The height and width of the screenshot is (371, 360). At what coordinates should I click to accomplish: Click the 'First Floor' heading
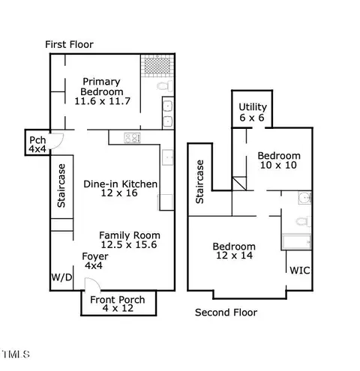pyautogui.click(x=69, y=45)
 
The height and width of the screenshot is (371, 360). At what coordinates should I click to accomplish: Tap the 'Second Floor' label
pyautogui.click(x=226, y=313)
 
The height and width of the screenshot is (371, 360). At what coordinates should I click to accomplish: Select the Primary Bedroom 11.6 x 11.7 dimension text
pyautogui.click(x=103, y=101)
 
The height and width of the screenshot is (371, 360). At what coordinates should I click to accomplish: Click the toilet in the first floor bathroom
pyautogui.click(x=165, y=86)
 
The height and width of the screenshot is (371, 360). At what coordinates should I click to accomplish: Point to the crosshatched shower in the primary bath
pyautogui.click(x=157, y=66)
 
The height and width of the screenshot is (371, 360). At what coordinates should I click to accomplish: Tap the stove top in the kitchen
pyautogui.click(x=132, y=138)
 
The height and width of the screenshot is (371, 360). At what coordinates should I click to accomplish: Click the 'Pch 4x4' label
pyautogui.click(x=37, y=145)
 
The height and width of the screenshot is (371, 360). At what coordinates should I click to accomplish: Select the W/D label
pyautogui.click(x=61, y=277)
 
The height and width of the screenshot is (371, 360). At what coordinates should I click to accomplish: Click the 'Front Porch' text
pyautogui.click(x=118, y=300)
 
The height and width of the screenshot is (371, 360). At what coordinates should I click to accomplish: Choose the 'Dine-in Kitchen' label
pyautogui.click(x=120, y=184)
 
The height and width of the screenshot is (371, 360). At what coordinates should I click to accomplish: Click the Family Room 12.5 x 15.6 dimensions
pyautogui.click(x=129, y=244)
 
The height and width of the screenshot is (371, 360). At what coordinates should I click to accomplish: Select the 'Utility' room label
pyautogui.click(x=253, y=107)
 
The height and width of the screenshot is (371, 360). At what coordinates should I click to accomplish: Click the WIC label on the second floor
pyautogui.click(x=300, y=271)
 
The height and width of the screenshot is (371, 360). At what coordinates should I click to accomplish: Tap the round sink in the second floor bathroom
pyautogui.click(x=304, y=198)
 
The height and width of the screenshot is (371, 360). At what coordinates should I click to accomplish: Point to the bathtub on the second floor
pyautogui.click(x=296, y=242)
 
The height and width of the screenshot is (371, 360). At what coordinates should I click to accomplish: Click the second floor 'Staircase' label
pyautogui.click(x=199, y=182)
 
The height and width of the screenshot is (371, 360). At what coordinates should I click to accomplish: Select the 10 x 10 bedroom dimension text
pyautogui.click(x=278, y=165)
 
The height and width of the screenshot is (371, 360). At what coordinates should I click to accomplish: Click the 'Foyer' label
pyautogui.click(x=95, y=256)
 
